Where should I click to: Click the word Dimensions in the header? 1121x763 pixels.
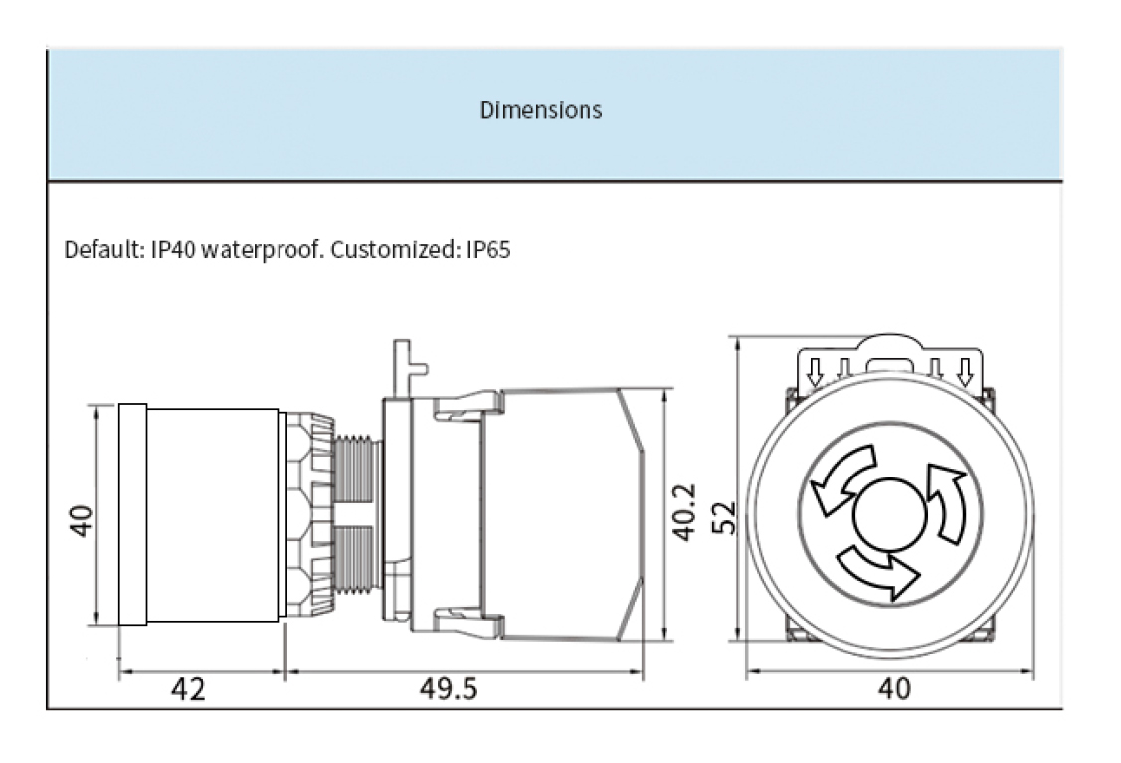(x=541, y=110)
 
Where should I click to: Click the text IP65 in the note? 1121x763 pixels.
(x=488, y=249)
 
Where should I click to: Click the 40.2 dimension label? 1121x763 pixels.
(x=684, y=513)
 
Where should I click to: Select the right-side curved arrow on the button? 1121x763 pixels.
(x=946, y=501)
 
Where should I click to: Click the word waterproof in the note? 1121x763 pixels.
(x=262, y=249)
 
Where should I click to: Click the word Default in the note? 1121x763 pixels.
(x=95, y=249)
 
